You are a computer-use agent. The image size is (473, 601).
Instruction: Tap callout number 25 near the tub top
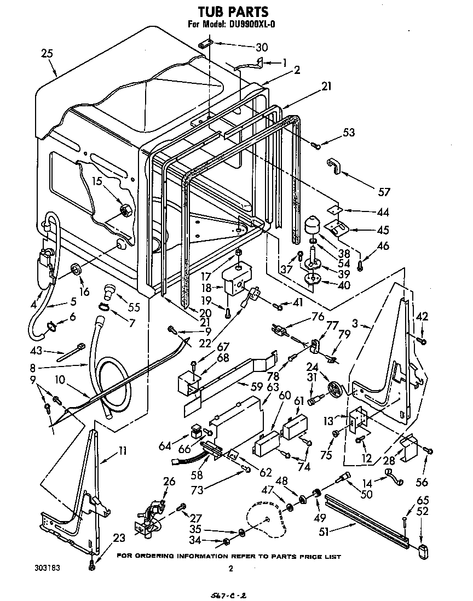click(47, 53)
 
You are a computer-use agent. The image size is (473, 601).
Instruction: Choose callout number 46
click(383, 246)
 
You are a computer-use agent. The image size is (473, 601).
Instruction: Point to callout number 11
click(123, 451)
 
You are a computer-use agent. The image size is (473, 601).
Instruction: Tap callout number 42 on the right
click(422, 316)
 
